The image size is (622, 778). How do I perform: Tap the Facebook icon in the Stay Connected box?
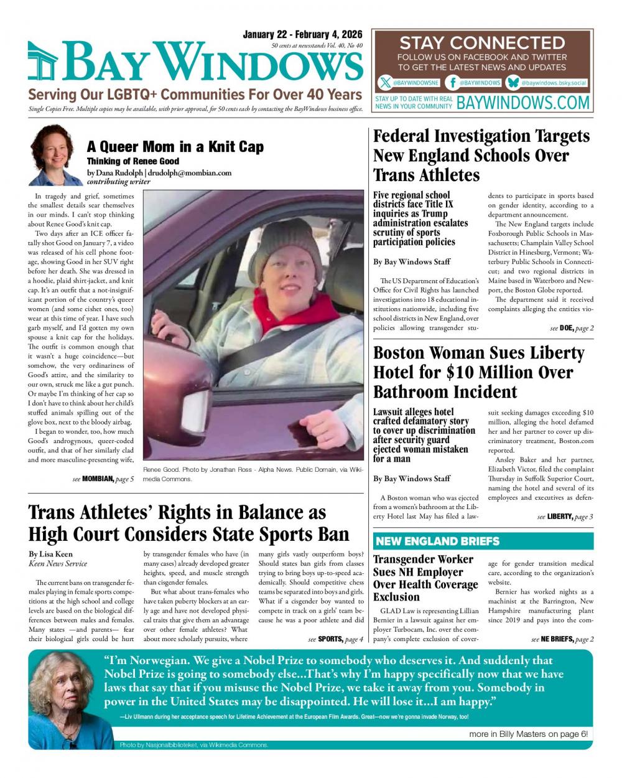(453, 83)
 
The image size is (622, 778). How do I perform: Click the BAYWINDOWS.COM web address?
(523, 103)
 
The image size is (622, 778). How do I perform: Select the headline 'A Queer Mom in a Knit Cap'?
(175, 147)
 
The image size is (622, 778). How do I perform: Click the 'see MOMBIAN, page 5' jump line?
(103, 479)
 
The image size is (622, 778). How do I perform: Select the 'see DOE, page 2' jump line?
(572, 327)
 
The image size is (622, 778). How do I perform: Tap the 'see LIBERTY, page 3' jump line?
(565, 517)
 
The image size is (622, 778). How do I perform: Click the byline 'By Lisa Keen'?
(51, 554)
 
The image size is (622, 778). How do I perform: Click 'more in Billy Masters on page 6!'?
(528, 734)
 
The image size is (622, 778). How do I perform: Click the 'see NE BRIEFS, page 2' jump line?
(562, 639)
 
